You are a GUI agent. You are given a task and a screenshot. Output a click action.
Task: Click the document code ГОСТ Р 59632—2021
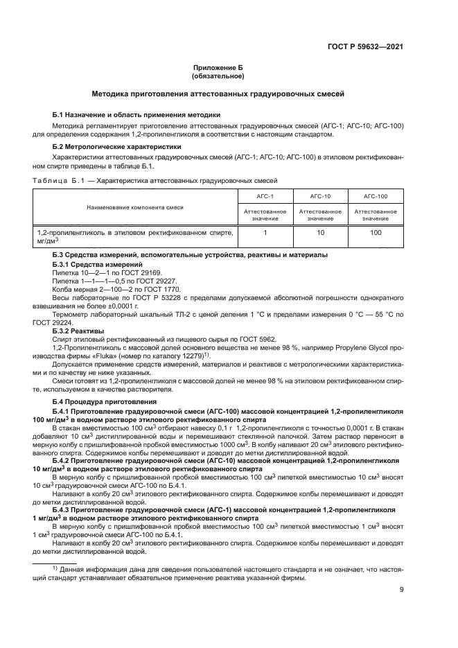point(365,47)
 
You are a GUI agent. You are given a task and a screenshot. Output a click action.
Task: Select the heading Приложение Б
point(219,68)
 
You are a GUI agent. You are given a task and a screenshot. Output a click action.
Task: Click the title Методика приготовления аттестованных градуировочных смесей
point(219,94)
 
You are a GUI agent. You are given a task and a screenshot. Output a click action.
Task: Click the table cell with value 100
point(376,233)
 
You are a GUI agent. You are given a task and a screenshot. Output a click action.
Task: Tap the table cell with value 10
point(320,233)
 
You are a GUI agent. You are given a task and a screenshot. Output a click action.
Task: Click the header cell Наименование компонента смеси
point(135,207)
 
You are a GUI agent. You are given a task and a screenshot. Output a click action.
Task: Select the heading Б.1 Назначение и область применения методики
point(136,114)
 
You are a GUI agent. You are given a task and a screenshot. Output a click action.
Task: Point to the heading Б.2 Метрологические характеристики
point(117,147)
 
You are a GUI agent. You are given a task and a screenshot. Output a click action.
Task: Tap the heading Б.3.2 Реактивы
point(78,331)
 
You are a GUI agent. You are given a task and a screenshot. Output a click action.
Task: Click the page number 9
point(401,590)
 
